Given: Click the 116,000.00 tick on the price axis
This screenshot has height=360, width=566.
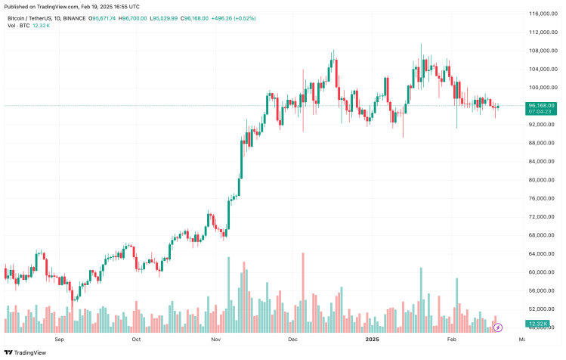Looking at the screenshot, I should pos(542,14).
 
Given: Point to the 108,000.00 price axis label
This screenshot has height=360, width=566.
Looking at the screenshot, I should pos(542,51).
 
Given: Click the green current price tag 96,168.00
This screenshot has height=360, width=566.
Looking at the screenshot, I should pos(542,105).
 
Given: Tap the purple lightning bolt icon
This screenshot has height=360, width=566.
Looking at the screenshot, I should pos(497,327).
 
